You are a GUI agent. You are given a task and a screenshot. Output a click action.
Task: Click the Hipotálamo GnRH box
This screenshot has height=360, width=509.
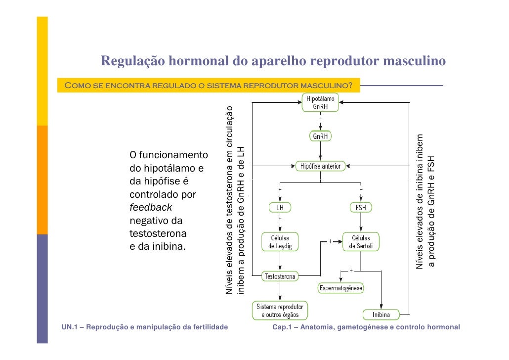point(320,103)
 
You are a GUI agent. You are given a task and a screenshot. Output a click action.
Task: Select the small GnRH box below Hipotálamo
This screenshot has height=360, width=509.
point(320,136)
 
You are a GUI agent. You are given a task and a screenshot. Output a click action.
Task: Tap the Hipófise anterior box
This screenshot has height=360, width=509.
point(321,166)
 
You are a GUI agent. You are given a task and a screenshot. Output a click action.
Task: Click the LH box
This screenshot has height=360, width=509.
point(280,208)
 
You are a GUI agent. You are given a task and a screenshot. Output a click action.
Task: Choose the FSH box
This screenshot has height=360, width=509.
point(361,208)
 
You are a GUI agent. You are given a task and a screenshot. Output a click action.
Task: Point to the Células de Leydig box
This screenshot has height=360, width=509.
point(280,242)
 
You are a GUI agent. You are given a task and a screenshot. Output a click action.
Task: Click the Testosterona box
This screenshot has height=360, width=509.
point(280,277)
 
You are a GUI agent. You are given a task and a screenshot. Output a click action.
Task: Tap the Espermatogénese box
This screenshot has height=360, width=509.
point(341,288)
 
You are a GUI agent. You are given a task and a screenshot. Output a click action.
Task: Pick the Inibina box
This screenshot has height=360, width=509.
point(381,315)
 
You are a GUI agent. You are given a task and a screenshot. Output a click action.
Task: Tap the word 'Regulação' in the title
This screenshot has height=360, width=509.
point(133,61)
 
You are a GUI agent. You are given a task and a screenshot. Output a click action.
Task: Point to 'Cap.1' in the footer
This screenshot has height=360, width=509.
point(283,327)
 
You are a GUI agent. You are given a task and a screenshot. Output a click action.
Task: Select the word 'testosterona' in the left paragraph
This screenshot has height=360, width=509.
point(158,233)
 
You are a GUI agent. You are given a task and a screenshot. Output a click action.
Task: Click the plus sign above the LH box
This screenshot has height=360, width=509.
point(280,189)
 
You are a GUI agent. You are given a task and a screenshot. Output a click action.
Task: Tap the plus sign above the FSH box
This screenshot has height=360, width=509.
point(361,189)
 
